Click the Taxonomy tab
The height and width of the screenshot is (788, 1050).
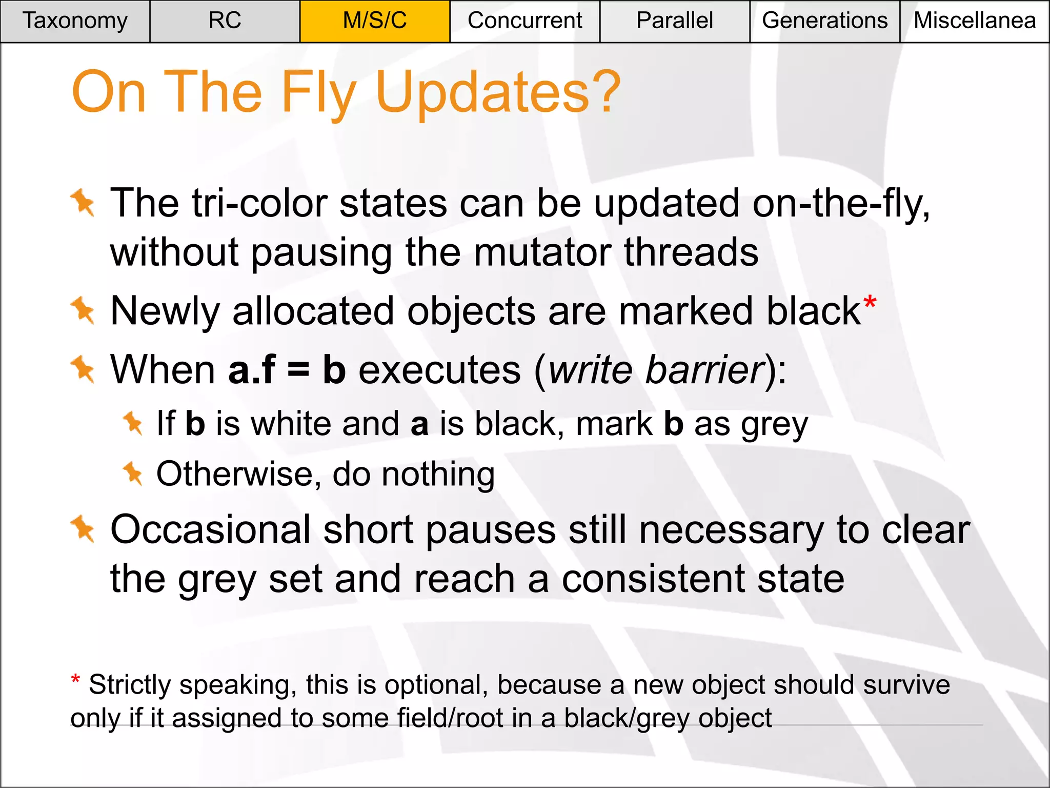(75, 21)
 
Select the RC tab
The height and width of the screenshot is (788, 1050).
(225, 21)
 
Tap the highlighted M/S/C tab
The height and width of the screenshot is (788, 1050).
(375, 21)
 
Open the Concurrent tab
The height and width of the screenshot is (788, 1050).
(524, 21)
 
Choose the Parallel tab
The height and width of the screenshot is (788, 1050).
(674, 21)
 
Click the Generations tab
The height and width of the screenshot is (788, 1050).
(824, 21)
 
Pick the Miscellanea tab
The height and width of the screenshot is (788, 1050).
(975, 21)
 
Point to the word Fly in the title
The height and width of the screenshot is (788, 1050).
(318, 92)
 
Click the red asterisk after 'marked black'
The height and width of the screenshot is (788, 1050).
(870, 303)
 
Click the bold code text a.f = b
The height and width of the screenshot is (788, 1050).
(287, 370)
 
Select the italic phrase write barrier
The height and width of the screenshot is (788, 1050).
(656, 370)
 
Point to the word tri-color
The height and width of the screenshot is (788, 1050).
(259, 204)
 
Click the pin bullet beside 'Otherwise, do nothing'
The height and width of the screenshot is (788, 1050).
(133, 473)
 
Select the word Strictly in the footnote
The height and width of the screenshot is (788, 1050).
(130, 685)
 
